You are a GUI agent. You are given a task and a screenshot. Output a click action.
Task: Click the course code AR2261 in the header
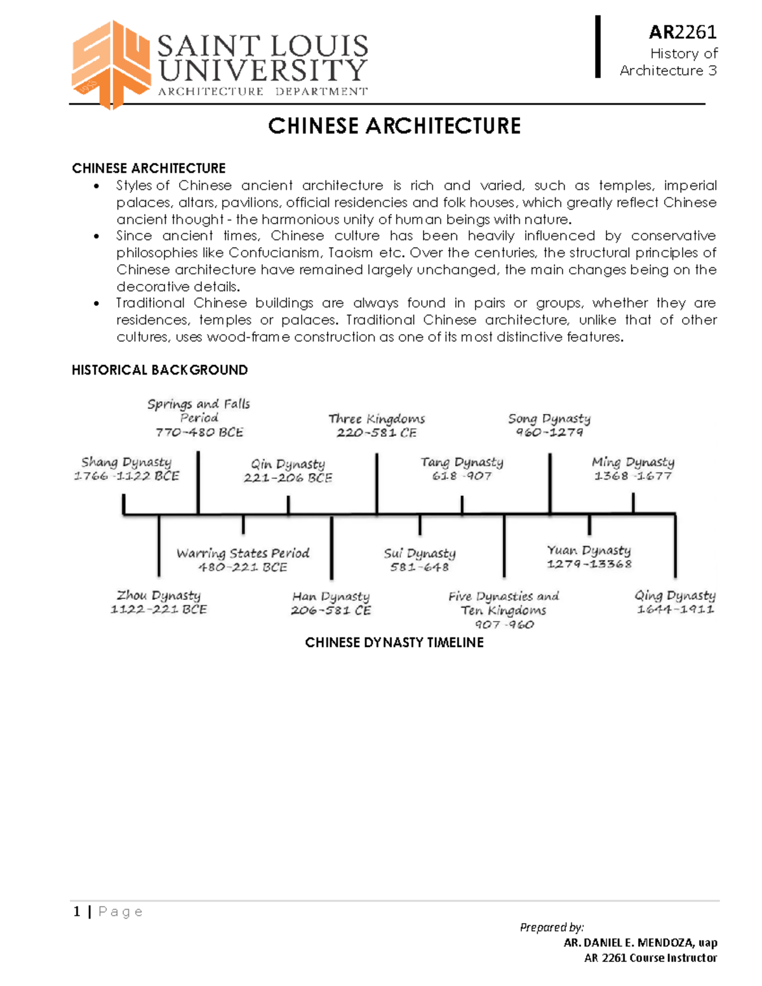(682, 32)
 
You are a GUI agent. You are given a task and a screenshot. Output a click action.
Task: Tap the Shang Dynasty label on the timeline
(126, 462)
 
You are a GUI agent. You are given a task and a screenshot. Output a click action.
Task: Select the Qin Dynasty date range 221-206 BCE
(288, 478)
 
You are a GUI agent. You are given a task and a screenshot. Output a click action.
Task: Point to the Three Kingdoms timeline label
(377, 418)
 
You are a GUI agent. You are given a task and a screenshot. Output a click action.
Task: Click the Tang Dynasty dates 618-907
(462, 476)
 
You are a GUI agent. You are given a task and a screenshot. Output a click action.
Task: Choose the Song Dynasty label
(549, 418)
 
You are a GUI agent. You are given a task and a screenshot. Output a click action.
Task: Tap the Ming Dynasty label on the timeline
(632, 462)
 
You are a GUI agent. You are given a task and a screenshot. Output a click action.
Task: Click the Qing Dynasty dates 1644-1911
(676, 610)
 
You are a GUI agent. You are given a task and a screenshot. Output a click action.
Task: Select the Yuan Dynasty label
(589, 550)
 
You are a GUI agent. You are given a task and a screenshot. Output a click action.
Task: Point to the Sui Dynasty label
(420, 553)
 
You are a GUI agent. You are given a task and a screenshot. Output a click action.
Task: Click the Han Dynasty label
(331, 596)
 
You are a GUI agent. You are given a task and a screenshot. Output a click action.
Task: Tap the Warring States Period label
(243, 553)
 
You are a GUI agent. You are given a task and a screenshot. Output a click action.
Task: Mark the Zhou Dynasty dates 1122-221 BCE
(159, 610)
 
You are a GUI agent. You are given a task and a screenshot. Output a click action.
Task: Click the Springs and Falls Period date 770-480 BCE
(199, 432)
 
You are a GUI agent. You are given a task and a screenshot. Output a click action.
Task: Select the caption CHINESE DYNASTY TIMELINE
(394, 643)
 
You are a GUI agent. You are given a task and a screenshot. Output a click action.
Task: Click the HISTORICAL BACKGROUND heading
(159, 370)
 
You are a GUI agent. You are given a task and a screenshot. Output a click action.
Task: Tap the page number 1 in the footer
(77, 912)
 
